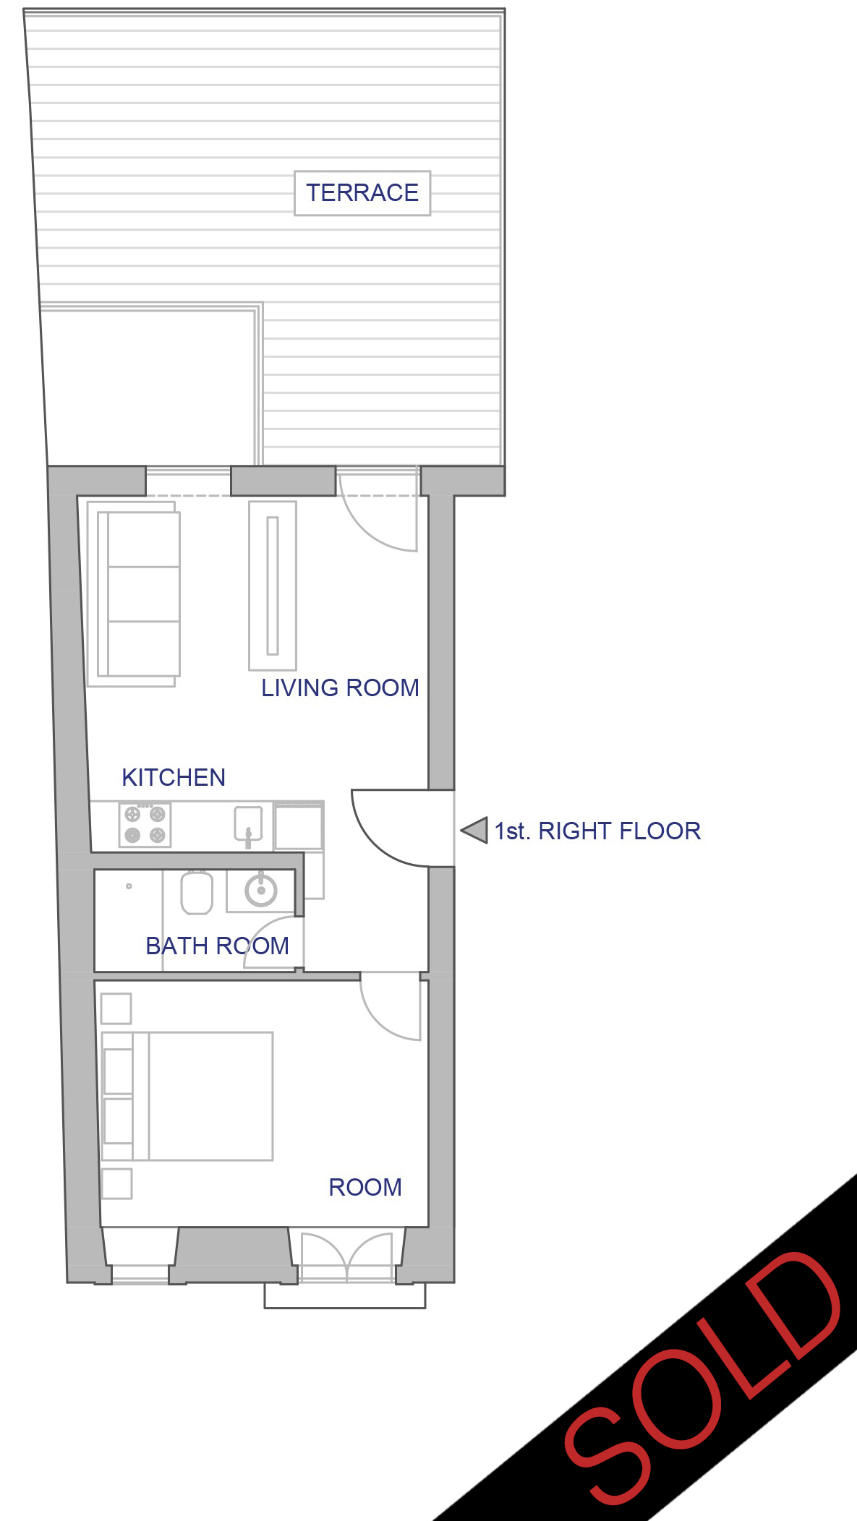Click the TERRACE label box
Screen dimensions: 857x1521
click(x=362, y=193)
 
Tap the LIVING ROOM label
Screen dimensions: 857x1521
click(x=340, y=687)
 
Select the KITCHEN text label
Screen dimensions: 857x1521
click(x=174, y=777)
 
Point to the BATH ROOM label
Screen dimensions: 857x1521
click(x=217, y=946)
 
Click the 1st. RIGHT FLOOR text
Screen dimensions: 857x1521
click(x=597, y=831)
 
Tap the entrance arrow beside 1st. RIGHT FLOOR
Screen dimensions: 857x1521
click(x=474, y=830)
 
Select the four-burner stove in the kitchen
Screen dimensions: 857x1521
click(x=145, y=824)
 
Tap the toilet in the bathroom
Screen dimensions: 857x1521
click(x=196, y=893)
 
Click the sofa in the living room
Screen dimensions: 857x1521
click(x=134, y=594)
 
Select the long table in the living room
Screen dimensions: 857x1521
click(x=273, y=586)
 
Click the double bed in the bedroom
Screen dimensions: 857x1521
click(x=187, y=1096)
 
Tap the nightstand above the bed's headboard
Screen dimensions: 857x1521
click(x=116, y=1008)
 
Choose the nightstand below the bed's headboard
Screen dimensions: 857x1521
click(x=116, y=1183)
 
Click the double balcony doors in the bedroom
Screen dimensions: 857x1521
click(x=347, y=1259)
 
